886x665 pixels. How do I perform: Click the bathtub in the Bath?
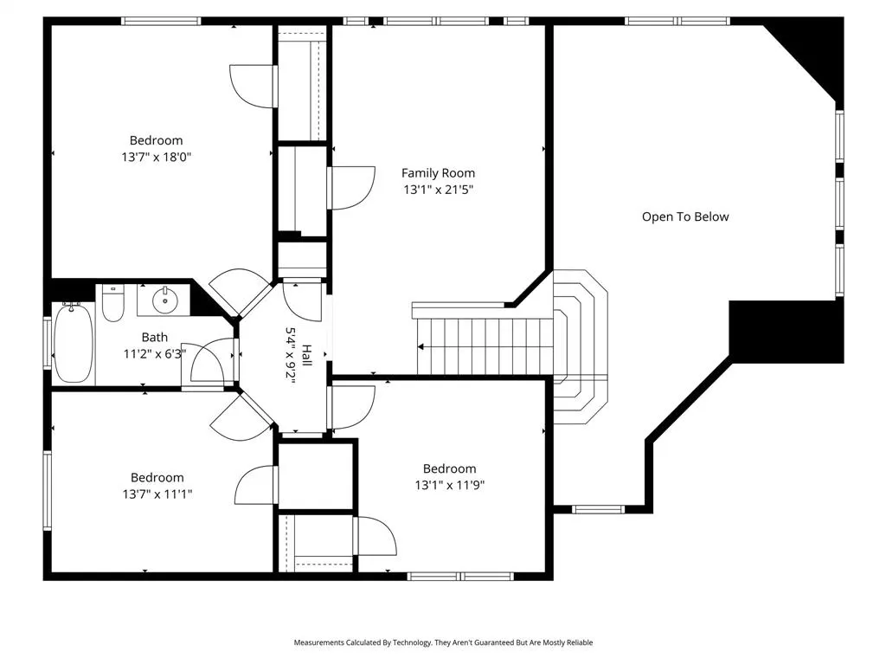point(74,343)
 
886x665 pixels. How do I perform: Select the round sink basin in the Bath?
point(165,300)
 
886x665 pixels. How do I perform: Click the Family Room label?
point(438,173)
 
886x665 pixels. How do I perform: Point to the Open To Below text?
point(685,216)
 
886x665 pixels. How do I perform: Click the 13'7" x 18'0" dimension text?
point(156,157)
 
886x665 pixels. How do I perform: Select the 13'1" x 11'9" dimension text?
point(449,485)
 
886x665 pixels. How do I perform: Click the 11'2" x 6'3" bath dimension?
point(154,354)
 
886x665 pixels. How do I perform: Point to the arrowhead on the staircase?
point(421,346)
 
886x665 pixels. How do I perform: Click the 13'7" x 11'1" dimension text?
point(157,494)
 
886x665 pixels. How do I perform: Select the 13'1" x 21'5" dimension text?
point(438,190)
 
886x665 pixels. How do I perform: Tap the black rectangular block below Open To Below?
point(786,332)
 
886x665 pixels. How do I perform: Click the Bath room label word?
point(154,338)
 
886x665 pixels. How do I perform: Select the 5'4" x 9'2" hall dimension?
point(291,356)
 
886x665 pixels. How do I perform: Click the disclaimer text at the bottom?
point(443,642)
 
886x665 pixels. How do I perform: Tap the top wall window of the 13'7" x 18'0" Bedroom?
point(161,21)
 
